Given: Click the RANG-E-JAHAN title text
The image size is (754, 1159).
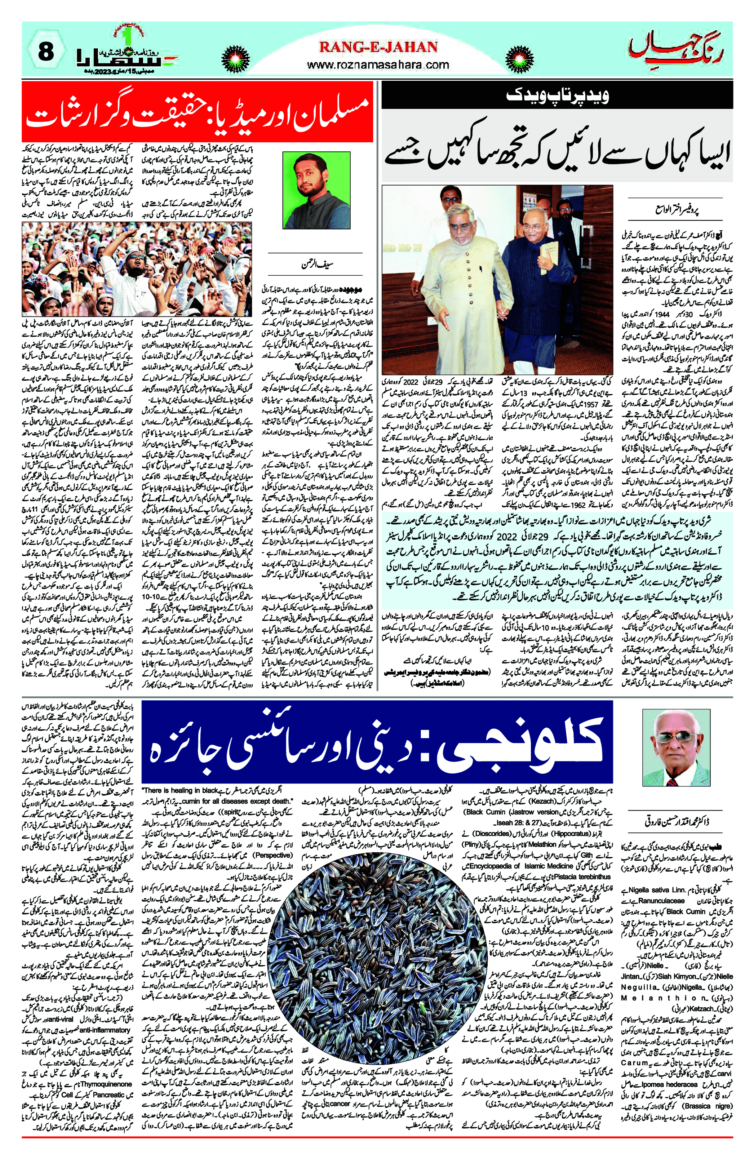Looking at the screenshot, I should tap(378, 47).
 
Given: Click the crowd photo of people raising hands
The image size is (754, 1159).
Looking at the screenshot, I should tap(137, 269).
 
